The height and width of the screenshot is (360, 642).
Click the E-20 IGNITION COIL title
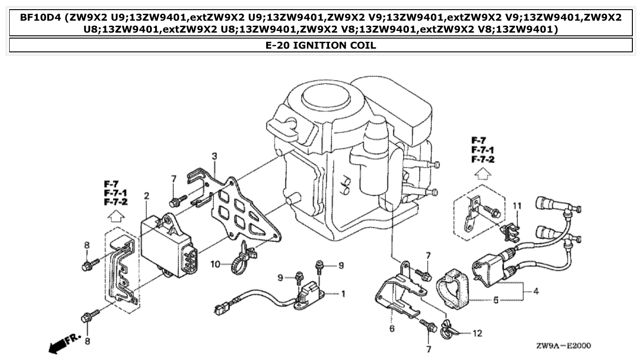[321, 45]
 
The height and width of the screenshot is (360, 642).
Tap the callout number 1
[343, 293]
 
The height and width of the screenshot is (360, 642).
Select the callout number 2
[146, 196]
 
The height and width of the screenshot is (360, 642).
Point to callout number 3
[214, 157]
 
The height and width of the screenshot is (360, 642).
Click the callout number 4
[535, 291]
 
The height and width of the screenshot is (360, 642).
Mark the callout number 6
[391, 329]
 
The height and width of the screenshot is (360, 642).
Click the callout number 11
[517, 206]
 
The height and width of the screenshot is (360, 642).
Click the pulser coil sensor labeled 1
[309, 292]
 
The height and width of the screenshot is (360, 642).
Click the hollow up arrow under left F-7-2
[116, 214]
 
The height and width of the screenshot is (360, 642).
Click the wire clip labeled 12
[449, 329]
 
